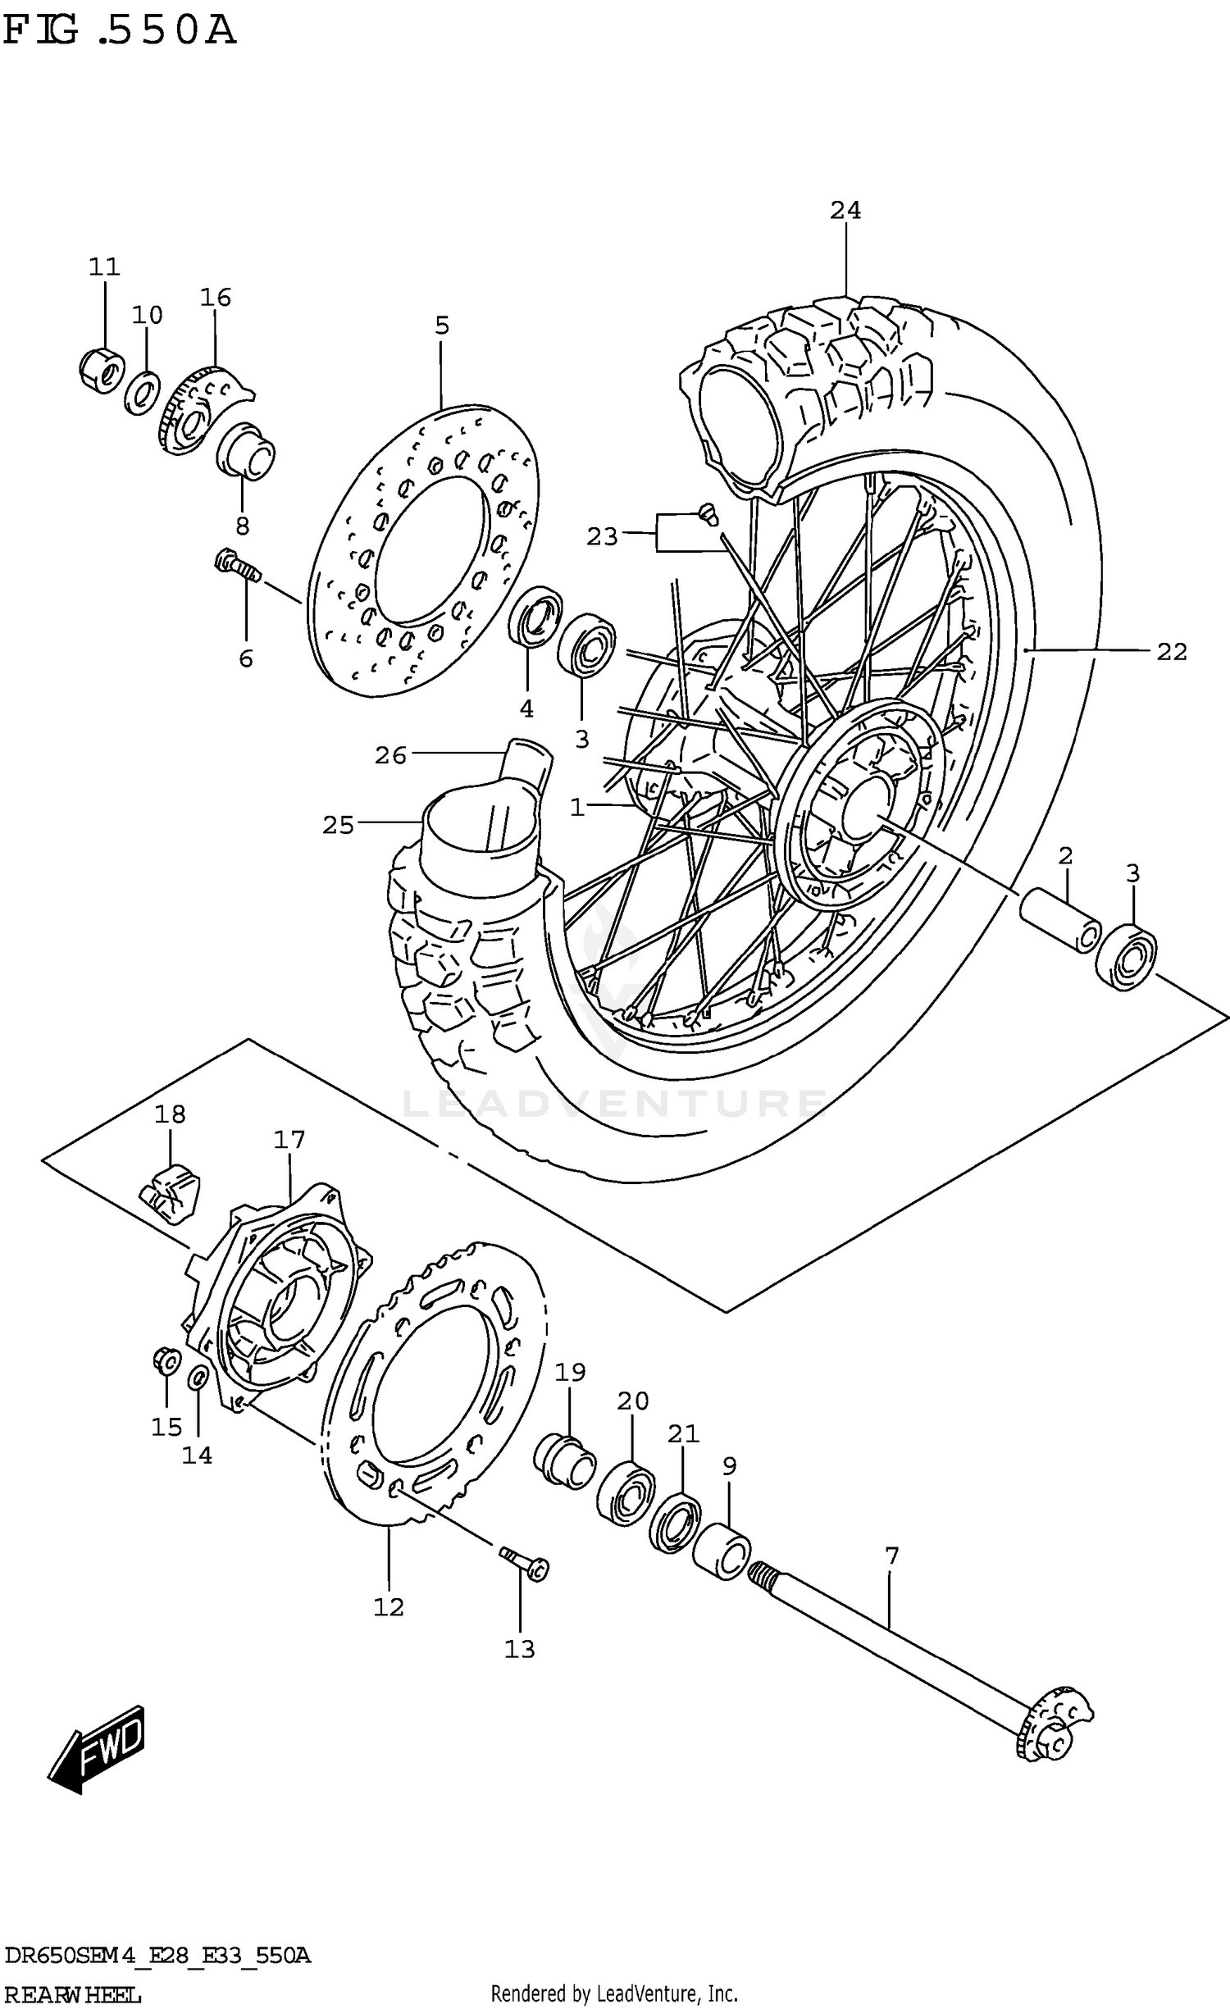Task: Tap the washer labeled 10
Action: (143, 393)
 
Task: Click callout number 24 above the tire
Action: (845, 211)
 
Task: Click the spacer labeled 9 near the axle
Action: (721, 1551)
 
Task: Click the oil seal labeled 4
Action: (535, 616)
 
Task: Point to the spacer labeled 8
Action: (245, 451)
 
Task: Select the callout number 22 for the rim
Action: (1172, 652)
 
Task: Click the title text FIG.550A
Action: (119, 31)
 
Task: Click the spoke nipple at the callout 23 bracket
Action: (708, 514)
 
